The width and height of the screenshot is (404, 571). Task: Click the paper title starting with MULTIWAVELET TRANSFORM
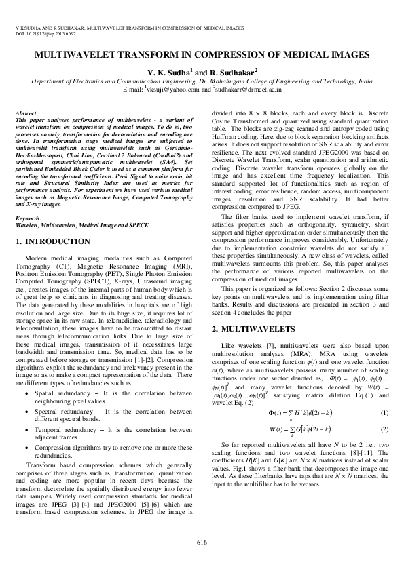[202, 54]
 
